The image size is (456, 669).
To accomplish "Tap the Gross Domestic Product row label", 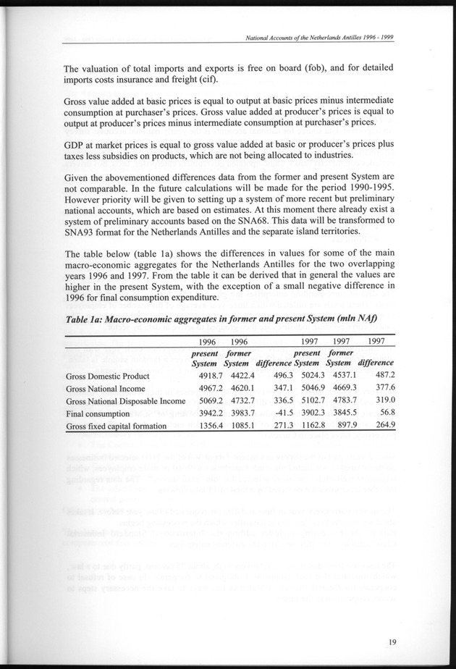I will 107,376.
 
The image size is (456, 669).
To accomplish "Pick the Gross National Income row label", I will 104,389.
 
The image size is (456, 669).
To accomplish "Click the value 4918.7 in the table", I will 214,376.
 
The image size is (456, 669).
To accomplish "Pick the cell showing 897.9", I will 339,426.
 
